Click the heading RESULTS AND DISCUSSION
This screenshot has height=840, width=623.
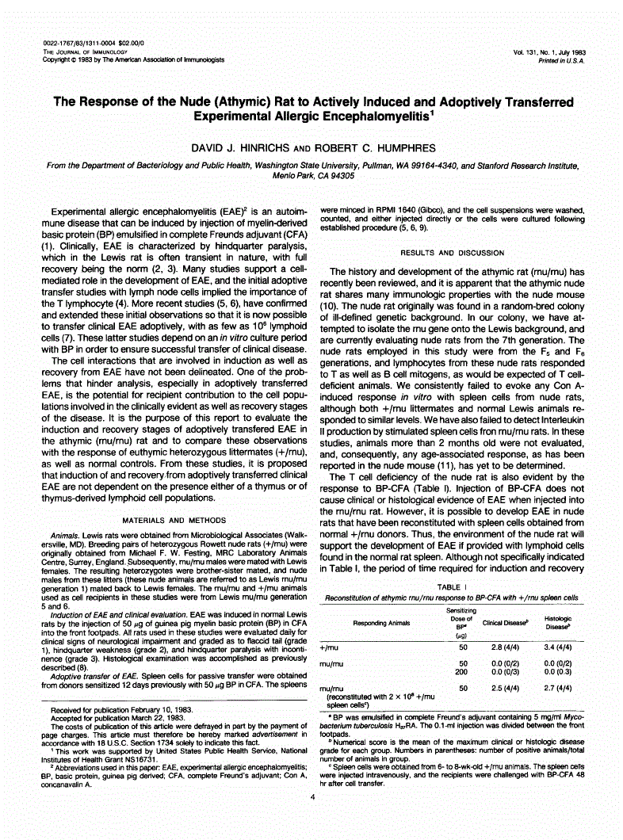coord(451,253)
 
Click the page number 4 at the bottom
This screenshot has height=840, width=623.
coord(312,819)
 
